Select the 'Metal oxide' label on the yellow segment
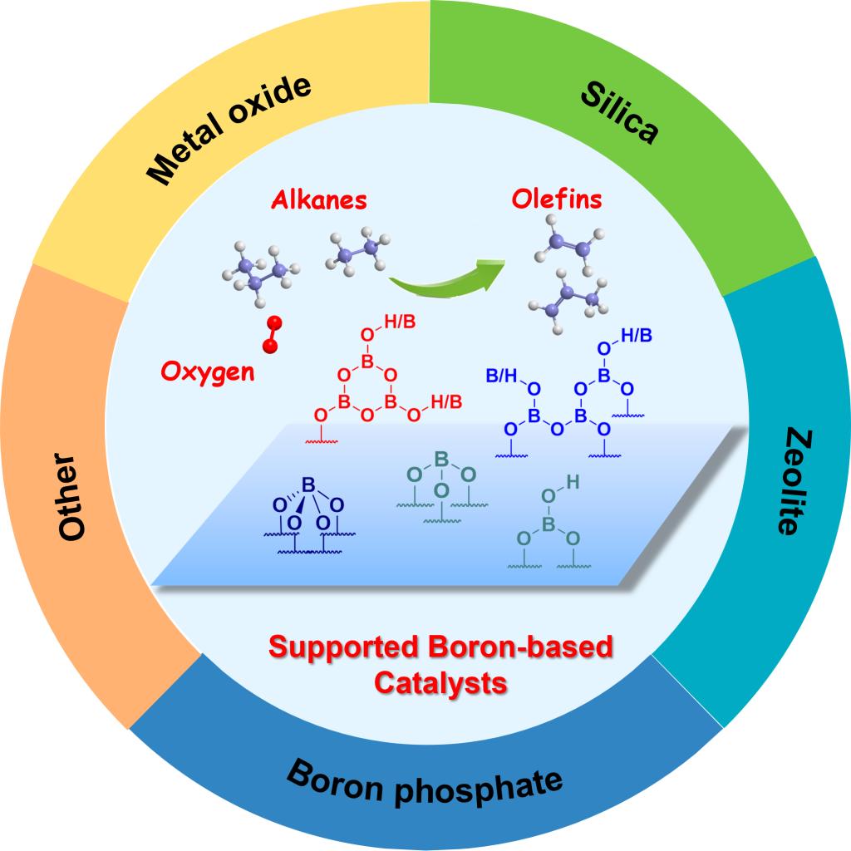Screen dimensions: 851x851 pyautogui.click(x=228, y=129)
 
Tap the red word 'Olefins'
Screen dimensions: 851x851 pyautogui.click(x=557, y=200)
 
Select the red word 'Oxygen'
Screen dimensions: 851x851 pyautogui.click(x=208, y=371)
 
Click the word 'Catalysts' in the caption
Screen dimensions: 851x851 pyautogui.click(x=440, y=683)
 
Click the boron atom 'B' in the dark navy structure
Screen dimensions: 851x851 pyautogui.click(x=307, y=483)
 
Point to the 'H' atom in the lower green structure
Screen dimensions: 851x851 pyautogui.click(x=572, y=481)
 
